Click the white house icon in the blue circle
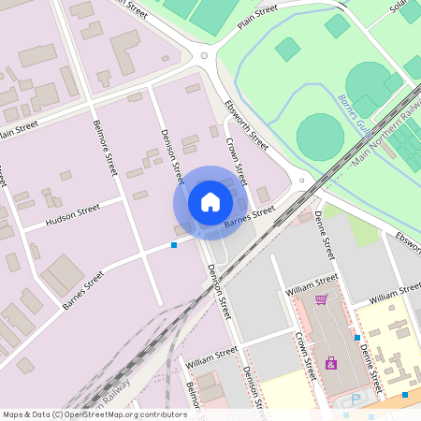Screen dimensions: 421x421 (x=210, y=201)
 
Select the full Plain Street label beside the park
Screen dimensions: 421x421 (x=259, y=17)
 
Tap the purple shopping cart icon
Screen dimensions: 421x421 (x=321, y=299)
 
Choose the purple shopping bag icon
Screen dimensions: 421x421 (x=330, y=363)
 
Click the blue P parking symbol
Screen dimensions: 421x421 (x=356, y=399)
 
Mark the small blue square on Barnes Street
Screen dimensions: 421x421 (x=174, y=245)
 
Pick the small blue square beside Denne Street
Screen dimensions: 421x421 (x=356, y=337)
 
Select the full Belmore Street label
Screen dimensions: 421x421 (x=105, y=148)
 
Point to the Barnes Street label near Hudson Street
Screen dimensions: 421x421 (x=83, y=290)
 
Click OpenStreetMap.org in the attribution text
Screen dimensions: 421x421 (x=124, y=414)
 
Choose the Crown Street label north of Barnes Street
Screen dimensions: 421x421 (x=235, y=162)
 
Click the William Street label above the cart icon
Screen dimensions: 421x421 (x=312, y=282)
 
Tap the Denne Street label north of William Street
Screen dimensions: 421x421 (x=324, y=234)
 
